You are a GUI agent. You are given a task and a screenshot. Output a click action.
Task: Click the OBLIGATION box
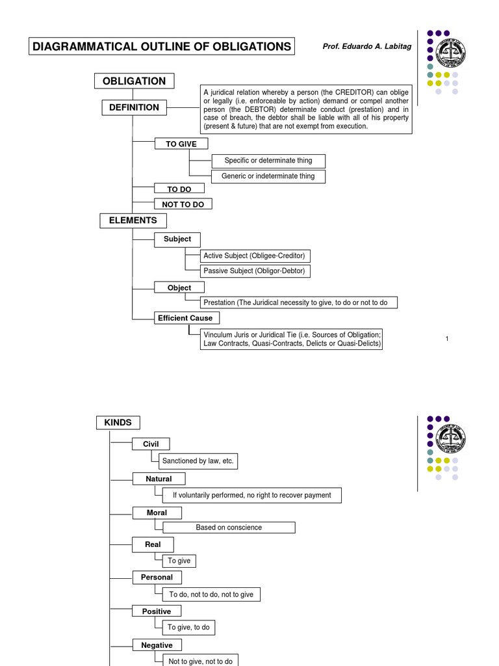point(134,81)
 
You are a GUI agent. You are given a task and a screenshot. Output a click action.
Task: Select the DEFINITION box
point(134,107)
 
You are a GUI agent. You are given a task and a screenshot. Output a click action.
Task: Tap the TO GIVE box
point(181,144)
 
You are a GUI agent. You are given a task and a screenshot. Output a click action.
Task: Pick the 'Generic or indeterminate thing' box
point(268,176)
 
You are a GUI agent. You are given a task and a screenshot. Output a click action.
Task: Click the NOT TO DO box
point(183,204)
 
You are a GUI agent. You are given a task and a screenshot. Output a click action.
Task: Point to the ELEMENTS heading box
point(133,220)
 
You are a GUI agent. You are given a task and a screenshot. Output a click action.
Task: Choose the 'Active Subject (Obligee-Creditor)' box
point(254,256)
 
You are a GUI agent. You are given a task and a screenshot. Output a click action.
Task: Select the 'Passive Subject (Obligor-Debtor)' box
point(254,271)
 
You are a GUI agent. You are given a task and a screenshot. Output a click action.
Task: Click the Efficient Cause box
point(185,318)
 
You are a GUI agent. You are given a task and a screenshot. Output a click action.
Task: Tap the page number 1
point(448,338)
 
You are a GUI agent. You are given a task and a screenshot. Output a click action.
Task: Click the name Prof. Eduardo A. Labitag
point(367,46)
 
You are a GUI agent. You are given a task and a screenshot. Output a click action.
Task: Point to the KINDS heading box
point(118,423)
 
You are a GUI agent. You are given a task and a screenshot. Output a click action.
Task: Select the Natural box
point(159,479)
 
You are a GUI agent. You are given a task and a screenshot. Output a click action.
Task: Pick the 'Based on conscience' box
point(229,527)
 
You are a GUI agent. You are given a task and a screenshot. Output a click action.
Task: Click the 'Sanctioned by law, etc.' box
point(198,461)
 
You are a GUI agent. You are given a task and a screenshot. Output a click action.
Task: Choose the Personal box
point(157,577)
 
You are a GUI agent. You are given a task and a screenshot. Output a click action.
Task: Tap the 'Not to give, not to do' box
point(200,660)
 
